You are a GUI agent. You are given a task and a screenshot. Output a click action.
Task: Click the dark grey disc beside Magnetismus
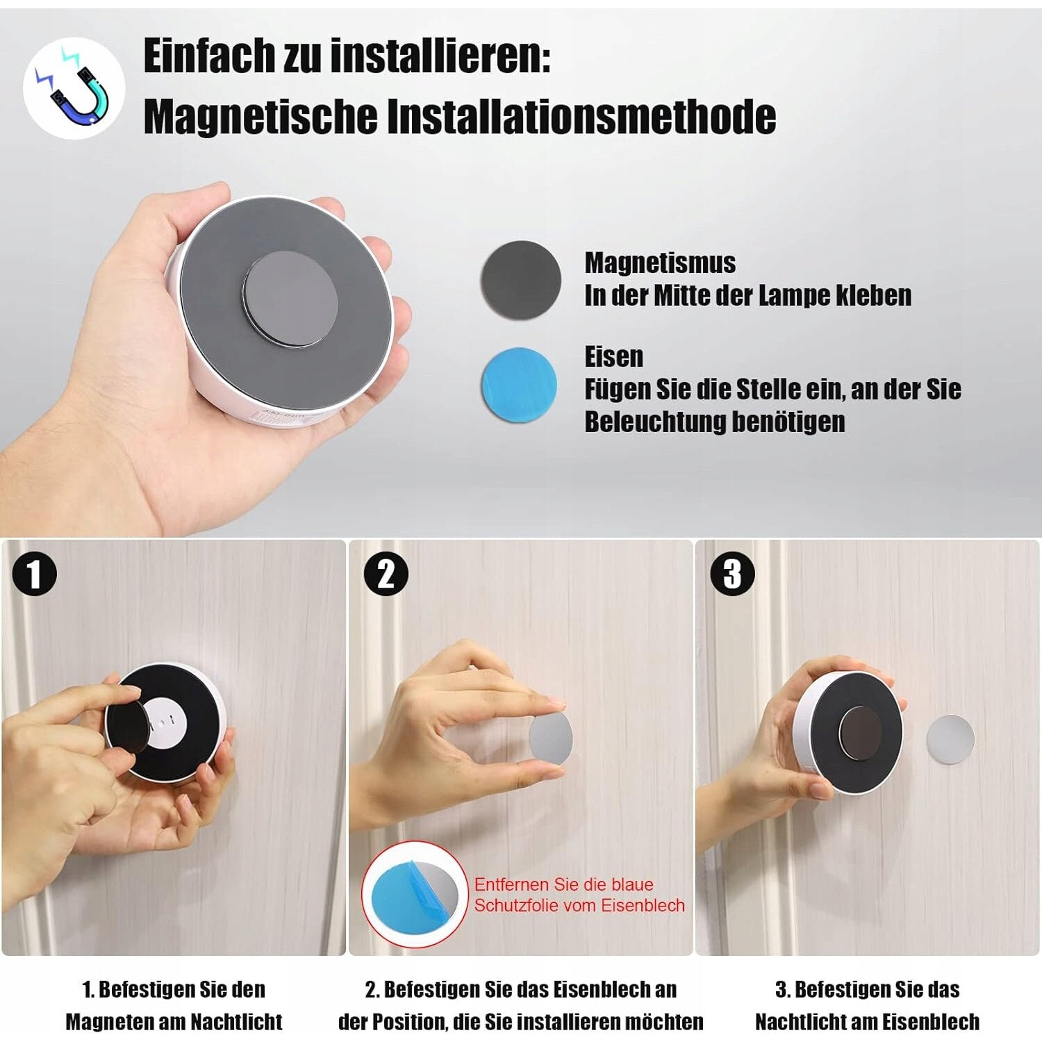521,280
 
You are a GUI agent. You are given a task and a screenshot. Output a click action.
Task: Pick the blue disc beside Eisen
520,385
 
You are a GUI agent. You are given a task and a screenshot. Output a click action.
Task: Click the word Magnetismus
660,263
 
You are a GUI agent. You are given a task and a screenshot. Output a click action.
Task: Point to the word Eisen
613,357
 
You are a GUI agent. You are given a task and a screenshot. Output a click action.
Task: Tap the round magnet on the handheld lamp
290,298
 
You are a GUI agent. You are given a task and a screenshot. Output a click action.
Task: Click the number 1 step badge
34,574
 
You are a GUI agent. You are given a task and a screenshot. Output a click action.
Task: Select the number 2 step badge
386,574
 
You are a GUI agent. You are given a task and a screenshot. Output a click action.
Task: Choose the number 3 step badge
732,574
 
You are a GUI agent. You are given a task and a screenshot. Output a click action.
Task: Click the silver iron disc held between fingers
551,736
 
